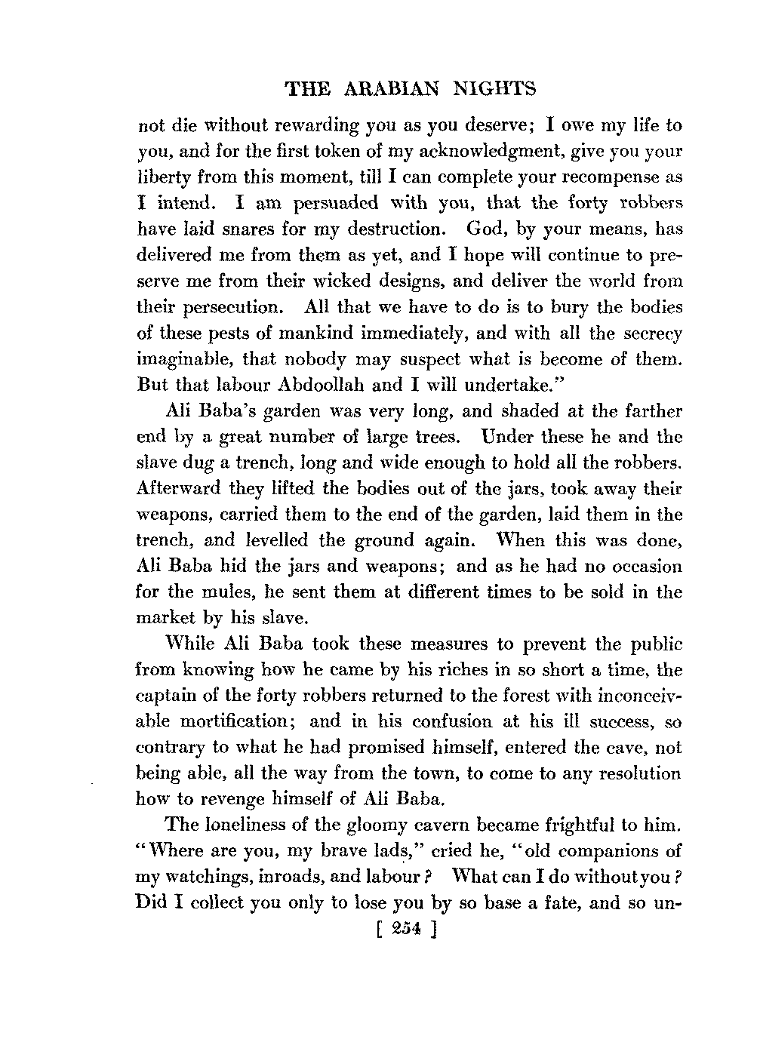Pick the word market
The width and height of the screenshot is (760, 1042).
tap(162, 619)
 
